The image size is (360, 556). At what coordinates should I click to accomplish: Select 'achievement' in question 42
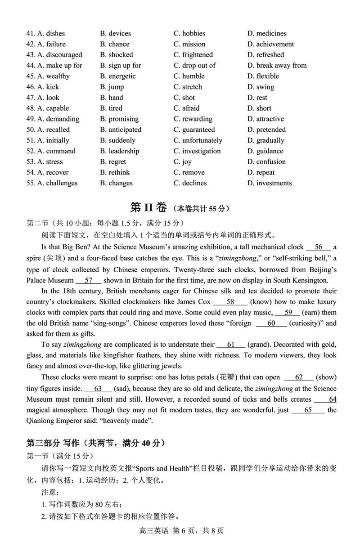click(274, 44)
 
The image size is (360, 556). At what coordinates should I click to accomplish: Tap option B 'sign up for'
click(121, 65)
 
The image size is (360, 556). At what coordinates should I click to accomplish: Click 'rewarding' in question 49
click(197, 119)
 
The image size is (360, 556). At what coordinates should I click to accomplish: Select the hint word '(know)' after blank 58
click(261, 302)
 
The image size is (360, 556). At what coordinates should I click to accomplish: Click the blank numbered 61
click(231, 345)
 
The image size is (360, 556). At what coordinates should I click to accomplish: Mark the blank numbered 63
click(98, 389)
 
